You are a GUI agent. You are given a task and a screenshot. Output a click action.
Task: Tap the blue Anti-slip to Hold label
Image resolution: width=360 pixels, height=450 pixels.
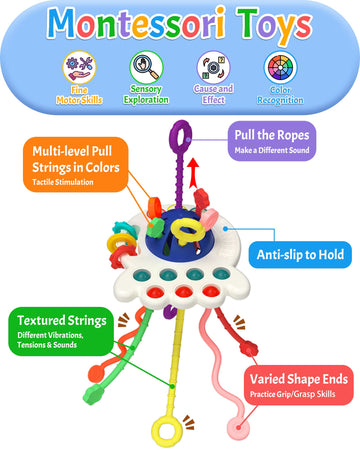pos(299,255)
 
